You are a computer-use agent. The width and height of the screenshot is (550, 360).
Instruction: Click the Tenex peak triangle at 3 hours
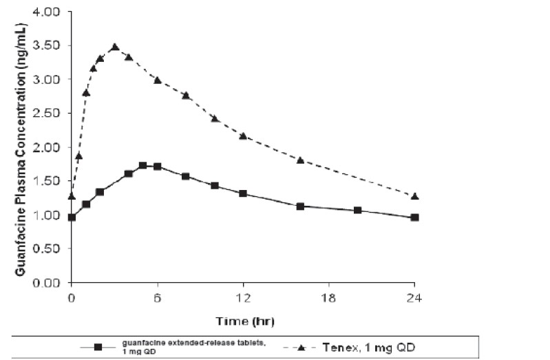(115, 47)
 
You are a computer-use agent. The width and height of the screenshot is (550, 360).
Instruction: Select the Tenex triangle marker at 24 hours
(414, 196)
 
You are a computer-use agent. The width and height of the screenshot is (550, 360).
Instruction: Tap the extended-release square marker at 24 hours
(414, 218)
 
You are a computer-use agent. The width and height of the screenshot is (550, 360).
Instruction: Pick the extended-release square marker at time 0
(72, 218)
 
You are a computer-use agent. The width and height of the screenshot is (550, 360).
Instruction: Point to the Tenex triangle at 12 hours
(243, 136)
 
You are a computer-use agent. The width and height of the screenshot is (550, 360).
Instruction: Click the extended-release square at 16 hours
(300, 206)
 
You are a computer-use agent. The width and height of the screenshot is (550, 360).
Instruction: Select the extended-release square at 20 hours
(357, 210)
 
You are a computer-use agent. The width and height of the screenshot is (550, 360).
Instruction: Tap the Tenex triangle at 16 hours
(300, 160)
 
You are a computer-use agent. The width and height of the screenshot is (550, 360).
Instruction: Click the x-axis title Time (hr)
(242, 320)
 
